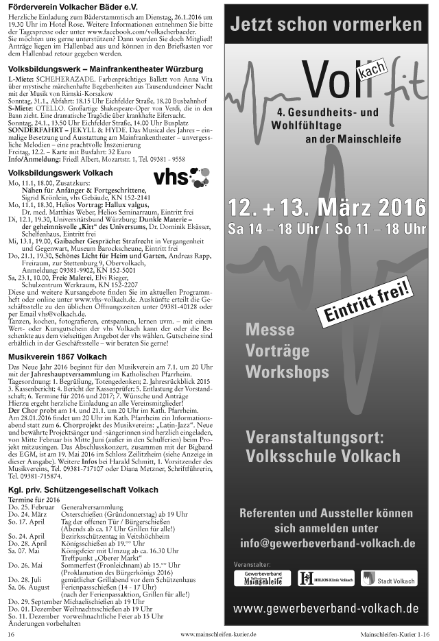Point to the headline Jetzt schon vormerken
tap(326, 26)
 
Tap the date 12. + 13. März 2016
tap(327, 206)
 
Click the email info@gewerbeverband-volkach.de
tap(327, 544)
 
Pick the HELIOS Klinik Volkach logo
tap(327, 579)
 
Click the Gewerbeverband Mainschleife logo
tap(262, 578)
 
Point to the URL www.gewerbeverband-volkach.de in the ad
tap(327, 608)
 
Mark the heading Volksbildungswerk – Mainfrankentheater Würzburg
tap(106, 69)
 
